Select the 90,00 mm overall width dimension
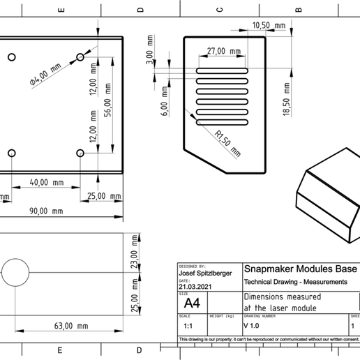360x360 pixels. click(x=46, y=211)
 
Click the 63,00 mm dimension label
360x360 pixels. click(x=71, y=326)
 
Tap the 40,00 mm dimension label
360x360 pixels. click(x=47, y=182)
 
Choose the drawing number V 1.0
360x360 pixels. click(x=252, y=325)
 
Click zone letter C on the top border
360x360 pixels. click(x=219, y=9)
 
